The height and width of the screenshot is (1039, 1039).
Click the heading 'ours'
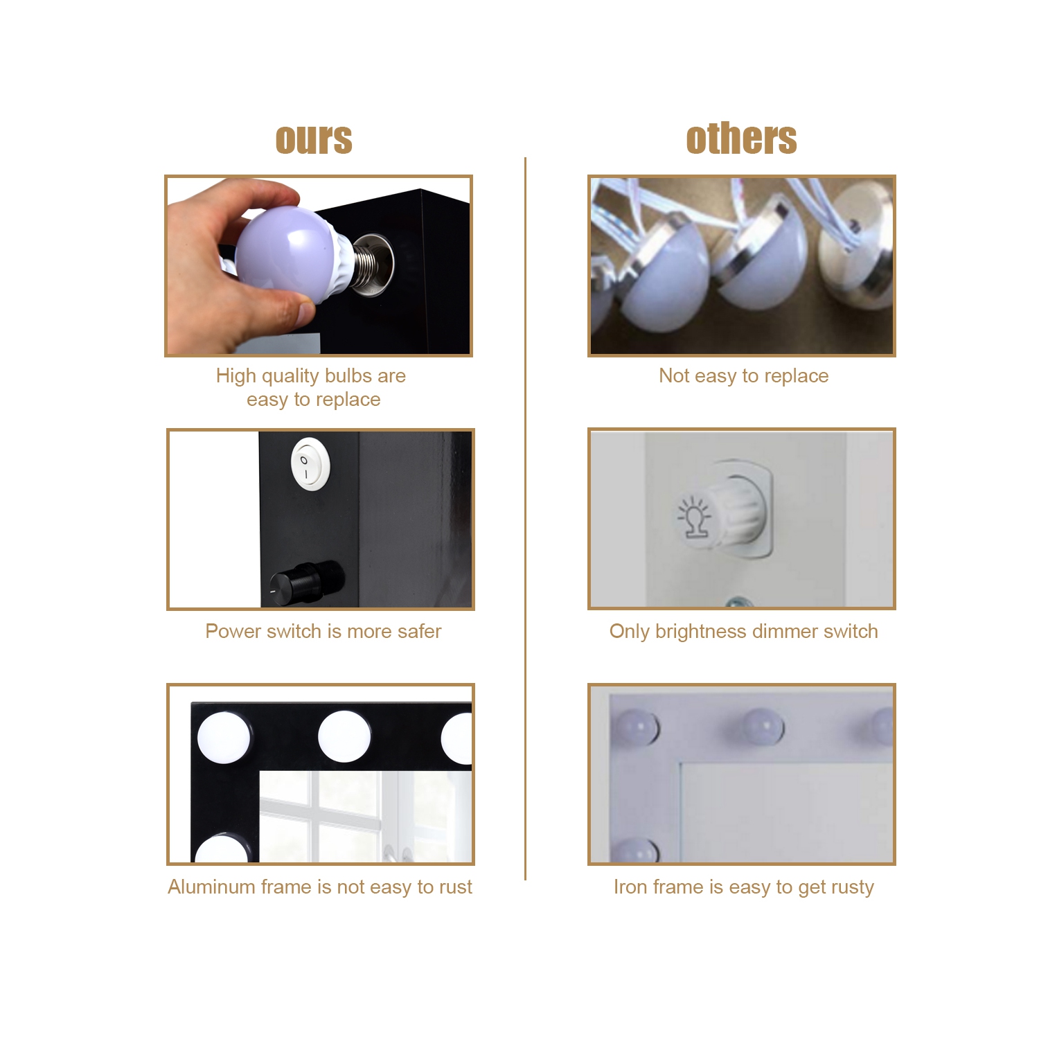pyautogui.click(x=314, y=139)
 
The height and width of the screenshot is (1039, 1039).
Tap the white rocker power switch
pyautogui.click(x=310, y=463)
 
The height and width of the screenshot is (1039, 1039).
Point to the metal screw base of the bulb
pyautogui.click(x=367, y=265)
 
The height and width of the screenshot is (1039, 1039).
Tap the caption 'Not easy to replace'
pyautogui.click(x=743, y=375)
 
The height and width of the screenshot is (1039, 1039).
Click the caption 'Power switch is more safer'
pyautogui.click(x=323, y=631)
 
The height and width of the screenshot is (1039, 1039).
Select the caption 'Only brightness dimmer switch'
pyautogui.click(x=743, y=631)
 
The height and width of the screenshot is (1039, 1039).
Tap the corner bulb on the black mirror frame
pyautogui.click(x=223, y=738)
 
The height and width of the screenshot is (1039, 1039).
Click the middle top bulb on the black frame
pyautogui.click(x=344, y=736)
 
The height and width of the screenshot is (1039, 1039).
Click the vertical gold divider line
pyautogui.click(x=525, y=519)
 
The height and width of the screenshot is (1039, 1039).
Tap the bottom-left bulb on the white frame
pyautogui.click(x=634, y=850)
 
